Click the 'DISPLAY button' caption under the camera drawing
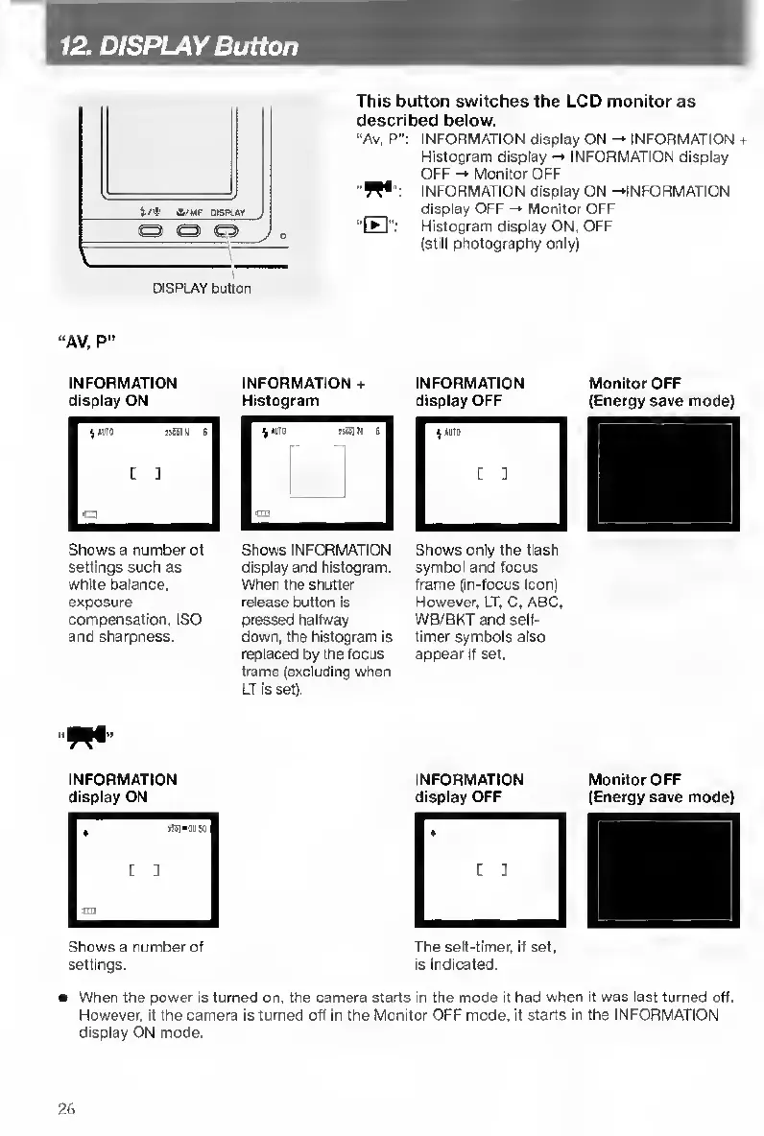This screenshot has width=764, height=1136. [202, 288]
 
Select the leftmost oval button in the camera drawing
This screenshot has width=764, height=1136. [150, 231]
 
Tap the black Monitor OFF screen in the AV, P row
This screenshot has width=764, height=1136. [664, 474]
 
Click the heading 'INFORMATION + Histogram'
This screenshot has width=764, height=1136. [305, 391]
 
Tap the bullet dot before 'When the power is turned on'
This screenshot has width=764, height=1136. [60, 998]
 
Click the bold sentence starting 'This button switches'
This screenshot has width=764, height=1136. [525, 110]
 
